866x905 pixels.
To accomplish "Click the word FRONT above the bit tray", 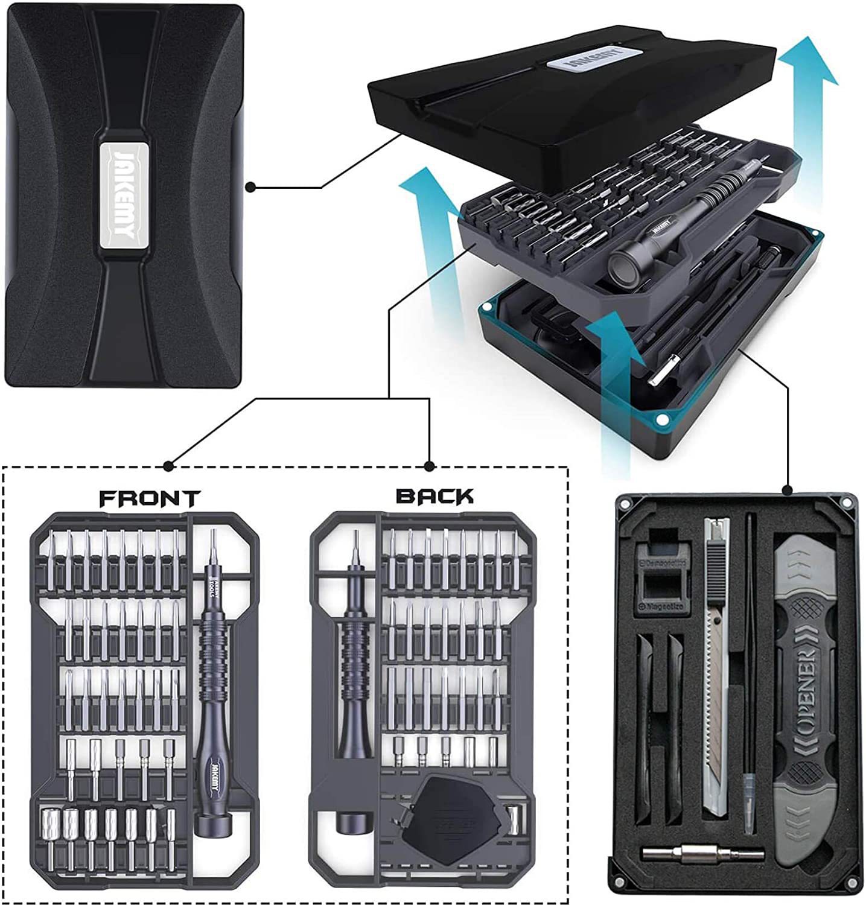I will coord(149,498).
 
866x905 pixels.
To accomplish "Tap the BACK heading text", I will coord(435,496).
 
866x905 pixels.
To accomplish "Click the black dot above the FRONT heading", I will coord(168,466).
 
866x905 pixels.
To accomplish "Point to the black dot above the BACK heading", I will coord(429,466).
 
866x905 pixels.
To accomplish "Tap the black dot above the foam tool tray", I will coord(787,489).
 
